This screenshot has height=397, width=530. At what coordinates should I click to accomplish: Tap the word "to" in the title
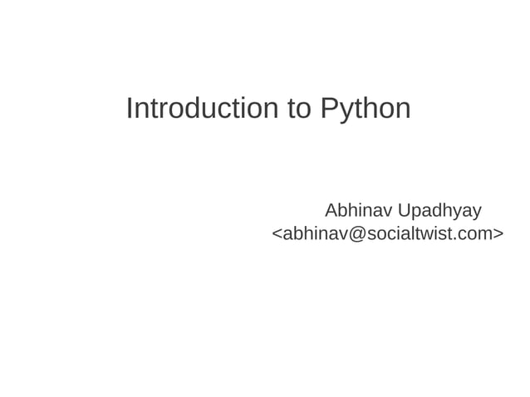pos(299,108)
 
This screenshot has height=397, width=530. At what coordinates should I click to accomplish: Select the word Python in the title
pos(365,108)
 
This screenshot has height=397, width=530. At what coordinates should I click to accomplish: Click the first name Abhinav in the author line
pos(358,209)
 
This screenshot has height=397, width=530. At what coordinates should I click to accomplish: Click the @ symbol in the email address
pos(356,234)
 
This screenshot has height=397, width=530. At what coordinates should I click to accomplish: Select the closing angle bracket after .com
pos(498,234)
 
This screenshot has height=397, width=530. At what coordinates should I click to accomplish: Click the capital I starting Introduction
pos(129,108)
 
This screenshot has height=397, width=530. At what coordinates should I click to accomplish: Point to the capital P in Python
pos(328,108)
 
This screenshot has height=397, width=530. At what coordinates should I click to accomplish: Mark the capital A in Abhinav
pos(331,209)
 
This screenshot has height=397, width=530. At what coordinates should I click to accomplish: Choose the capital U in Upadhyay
pos(404,209)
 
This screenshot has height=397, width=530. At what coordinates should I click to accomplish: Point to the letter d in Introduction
pos(196,108)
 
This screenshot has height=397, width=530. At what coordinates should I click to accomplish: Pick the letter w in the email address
pos(428,234)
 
